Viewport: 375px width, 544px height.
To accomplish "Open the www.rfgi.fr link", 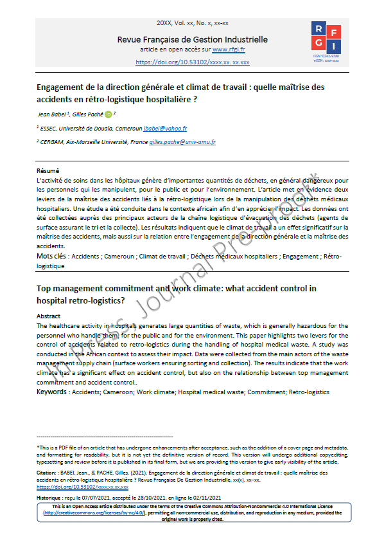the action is [x=230, y=50].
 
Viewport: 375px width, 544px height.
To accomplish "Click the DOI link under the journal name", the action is [x=193, y=62].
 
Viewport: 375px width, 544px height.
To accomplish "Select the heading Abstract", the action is [x=49, y=316].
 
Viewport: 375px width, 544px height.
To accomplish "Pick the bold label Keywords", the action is [x=51, y=391].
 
